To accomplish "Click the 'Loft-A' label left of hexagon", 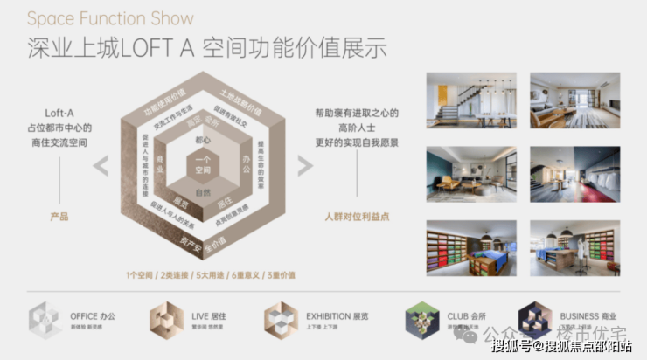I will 59,112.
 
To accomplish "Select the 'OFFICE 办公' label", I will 92,315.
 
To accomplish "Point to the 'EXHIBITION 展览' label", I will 337,315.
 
